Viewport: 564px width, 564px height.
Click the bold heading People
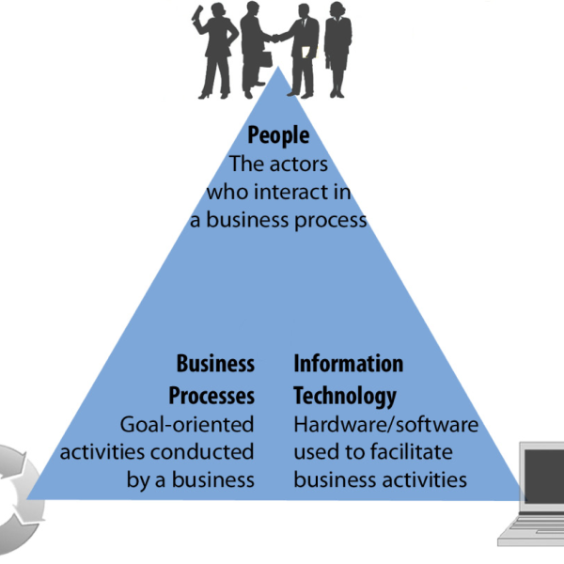point(278,137)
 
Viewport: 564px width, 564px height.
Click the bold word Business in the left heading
point(215,364)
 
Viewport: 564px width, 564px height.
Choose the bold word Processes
point(211,394)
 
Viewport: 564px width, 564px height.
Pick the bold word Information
point(349,364)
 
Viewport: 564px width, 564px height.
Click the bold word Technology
point(345,394)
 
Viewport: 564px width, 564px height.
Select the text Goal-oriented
point(187,424)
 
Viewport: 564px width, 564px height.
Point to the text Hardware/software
point(385,424)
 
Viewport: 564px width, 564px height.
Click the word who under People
point(227,191)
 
